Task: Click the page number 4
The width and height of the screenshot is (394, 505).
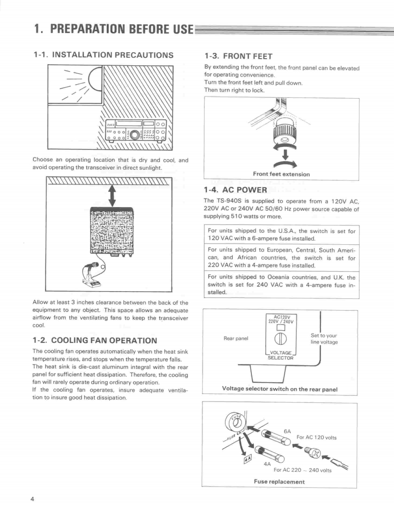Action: [32, 499]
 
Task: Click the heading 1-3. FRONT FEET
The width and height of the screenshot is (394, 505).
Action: [238, 56]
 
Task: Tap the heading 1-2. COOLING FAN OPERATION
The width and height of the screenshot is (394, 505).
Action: [95, 340]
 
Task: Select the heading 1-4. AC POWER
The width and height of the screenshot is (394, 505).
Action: [235, 189]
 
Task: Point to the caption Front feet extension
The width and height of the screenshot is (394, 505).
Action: [281, 174]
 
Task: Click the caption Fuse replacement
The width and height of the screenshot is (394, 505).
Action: [279, 482]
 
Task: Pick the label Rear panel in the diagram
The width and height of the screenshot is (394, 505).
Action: [236, 338]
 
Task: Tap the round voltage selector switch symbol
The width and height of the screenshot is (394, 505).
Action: [281, 340]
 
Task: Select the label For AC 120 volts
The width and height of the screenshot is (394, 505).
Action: [316, 437]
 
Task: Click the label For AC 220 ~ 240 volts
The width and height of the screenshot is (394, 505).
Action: [302, 470]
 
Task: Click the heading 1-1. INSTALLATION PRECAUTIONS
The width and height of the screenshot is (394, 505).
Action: [103, 55]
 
